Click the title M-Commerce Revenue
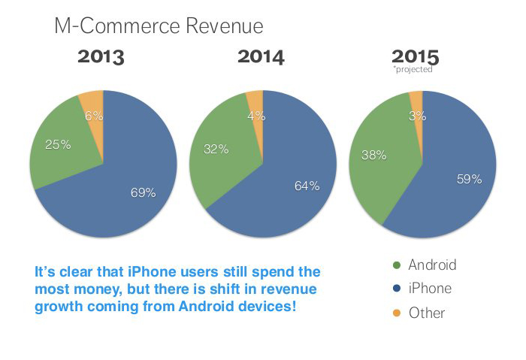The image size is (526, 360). tap(159, 26)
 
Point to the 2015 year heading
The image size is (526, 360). tap(415, 57)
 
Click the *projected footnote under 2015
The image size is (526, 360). tap(413, 70)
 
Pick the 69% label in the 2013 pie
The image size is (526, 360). tap(142, 192)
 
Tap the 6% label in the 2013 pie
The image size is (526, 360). tap(94, 116)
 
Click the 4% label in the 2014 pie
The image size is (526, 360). tap(254, 116)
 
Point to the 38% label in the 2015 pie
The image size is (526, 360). tap(373, 155)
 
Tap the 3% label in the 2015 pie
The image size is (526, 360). tap(418, 116)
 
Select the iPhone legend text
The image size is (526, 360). tap(430, 289)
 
